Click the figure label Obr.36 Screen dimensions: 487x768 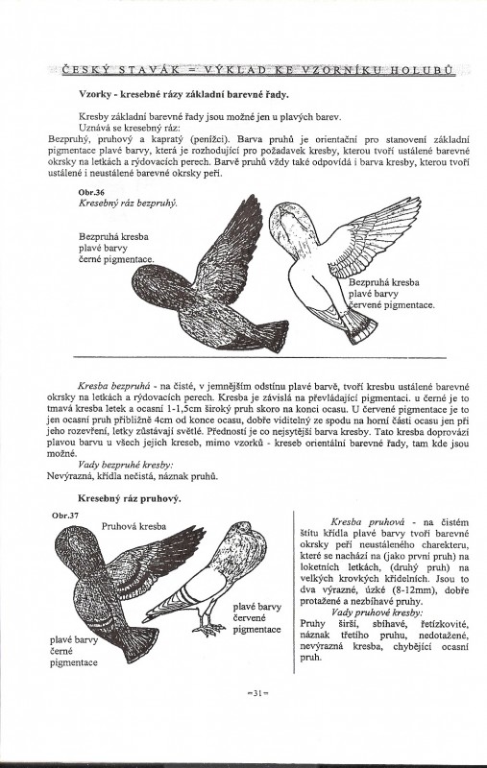(x=88, y=193)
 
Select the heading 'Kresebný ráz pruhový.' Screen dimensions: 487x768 (x=130, y=498)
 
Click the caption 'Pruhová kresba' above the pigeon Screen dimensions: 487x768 (x=134, y=526)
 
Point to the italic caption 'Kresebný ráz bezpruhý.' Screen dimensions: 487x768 (x=128, y=203)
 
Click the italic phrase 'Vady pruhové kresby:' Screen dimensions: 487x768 (x=377, y=612)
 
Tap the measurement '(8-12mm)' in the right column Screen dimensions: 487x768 (x=396, y=590)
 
